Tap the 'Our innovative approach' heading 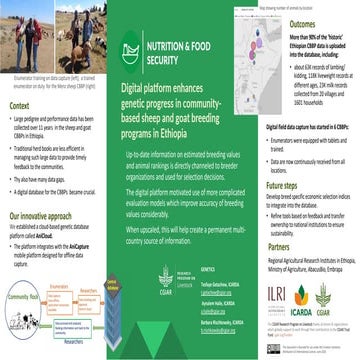(44, 215)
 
